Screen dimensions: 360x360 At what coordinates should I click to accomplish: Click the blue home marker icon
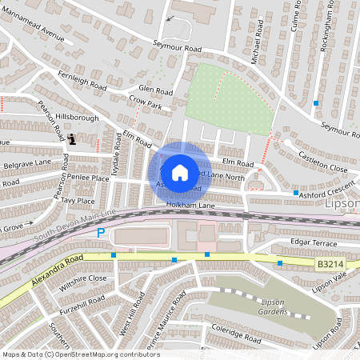click(180, 172)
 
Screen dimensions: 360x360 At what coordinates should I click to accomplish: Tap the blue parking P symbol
click(101, 233)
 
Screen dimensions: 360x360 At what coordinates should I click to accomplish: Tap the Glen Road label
click(155, 90)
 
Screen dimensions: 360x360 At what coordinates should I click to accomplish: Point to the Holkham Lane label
click(186, 206)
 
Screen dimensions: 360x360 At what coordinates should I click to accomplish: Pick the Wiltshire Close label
click(82, 278)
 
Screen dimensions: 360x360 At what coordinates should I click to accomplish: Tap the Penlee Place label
click(90, 178)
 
